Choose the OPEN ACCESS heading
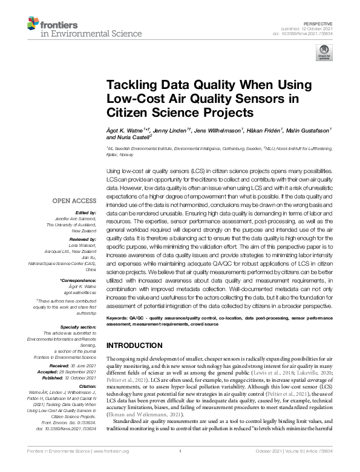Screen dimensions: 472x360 pyautogui.click(x=74, y=200)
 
